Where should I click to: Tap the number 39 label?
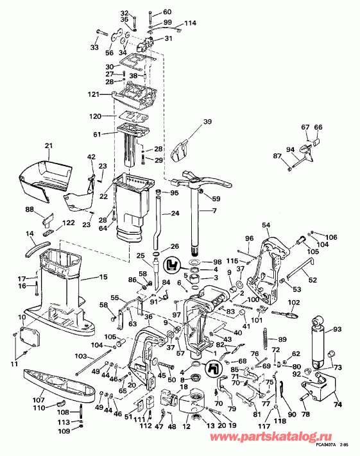click(207, 122)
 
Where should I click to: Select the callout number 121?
click(95, 94)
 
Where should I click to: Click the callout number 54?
click(266, 225)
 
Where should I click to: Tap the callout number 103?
click(81, 355)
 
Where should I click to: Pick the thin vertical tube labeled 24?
click(157, 218)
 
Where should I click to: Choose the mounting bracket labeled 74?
click(318, 388)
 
